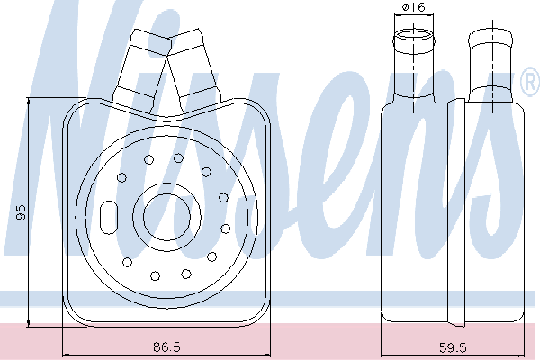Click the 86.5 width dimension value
point(166,346)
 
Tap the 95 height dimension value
point(21,212)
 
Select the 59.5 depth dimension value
point(453,347)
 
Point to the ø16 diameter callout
point(413,7)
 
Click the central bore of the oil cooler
point(166,217)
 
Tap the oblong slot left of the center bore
point(109,218)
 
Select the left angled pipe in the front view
point(141,70)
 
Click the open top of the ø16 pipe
point(414,36)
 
